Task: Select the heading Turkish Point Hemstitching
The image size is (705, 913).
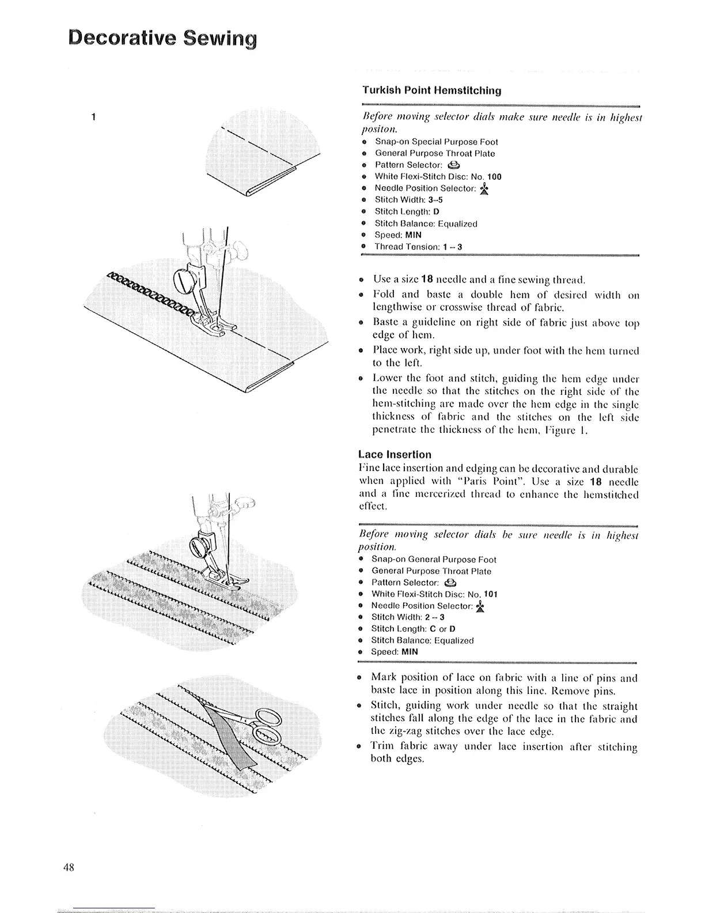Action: [431, 90]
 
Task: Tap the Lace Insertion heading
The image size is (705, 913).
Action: [395, 454]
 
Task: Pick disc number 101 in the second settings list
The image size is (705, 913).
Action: [490, 594]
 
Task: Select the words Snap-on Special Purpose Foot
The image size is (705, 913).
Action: [436, 142]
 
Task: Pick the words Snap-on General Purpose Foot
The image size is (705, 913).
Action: [433, 560]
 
